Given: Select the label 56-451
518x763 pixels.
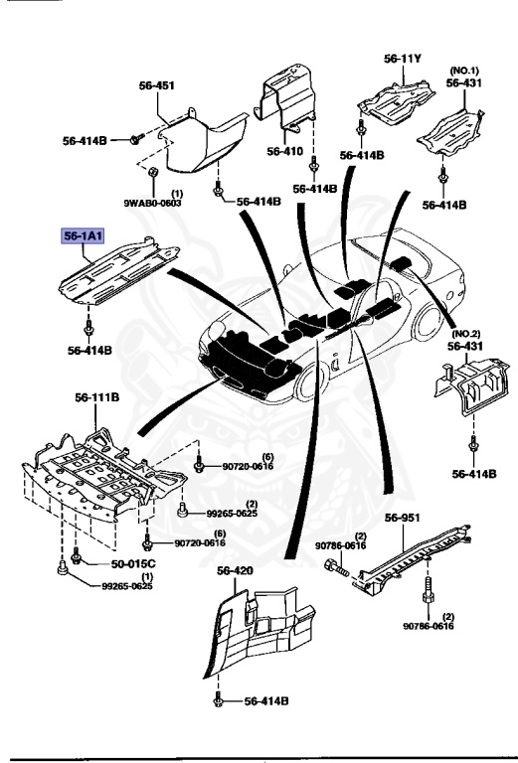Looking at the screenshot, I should click(156, 86).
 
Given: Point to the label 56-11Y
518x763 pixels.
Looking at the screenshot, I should click(403, 59).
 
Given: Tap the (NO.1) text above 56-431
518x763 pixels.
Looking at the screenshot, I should click(464, 71).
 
